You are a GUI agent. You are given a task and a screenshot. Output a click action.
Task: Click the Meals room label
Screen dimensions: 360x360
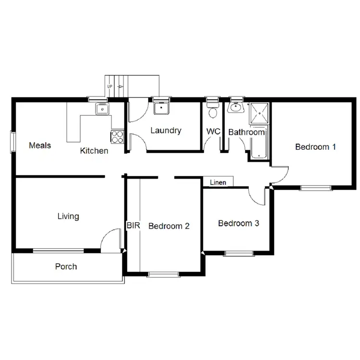[40, 145]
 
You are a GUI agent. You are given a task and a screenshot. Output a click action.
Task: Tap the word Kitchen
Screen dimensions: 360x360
[94, 151]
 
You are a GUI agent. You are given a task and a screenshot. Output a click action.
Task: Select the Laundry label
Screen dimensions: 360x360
[166, 130]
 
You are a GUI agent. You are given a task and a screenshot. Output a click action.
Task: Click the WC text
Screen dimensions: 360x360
[214, 132]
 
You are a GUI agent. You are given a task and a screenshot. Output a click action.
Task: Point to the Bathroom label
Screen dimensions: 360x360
[246, 132]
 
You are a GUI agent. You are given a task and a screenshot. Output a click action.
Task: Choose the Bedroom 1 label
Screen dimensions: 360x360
[315, 147]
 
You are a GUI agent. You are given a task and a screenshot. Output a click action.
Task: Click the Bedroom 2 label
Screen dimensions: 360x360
[168, 226]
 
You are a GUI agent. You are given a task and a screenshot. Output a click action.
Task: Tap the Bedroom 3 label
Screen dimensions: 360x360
[239, 223]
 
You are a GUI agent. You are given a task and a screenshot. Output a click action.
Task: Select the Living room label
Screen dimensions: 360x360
[68, 216]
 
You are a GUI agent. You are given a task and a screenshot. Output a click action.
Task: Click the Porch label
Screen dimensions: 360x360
[66, 266]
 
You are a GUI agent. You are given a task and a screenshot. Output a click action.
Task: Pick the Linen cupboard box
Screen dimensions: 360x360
[218, 182]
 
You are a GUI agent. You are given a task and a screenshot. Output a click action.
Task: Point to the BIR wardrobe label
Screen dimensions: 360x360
[132, 225]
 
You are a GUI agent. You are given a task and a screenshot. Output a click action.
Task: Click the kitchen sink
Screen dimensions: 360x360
[102, 109]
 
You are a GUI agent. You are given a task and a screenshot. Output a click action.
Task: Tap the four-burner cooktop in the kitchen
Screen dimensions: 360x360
[117, 137]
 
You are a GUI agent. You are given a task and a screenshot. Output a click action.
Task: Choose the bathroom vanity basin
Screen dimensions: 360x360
[235, 108]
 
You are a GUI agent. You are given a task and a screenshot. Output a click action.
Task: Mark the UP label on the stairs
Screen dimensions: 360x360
[110, 87]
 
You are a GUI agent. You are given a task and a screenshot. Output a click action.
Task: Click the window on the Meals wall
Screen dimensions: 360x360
[13, 142]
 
